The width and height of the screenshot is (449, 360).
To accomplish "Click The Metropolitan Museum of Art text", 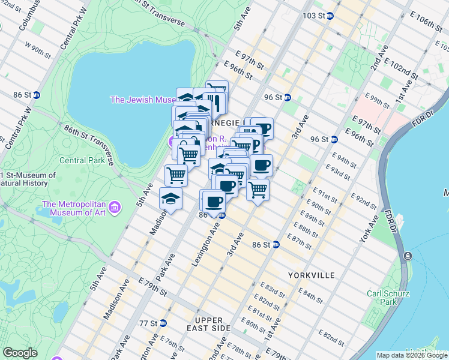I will coord(74,208).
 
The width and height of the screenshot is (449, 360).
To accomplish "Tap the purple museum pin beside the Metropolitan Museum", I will coord(115,208).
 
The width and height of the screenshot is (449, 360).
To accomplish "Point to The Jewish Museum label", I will coord(142,100).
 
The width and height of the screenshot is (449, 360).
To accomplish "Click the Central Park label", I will coord(82,160).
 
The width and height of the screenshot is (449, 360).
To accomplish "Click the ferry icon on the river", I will coord(408,256).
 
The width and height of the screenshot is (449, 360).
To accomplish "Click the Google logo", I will coord(20,353).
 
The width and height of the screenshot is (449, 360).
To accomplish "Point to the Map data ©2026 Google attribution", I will coord(411,355).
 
